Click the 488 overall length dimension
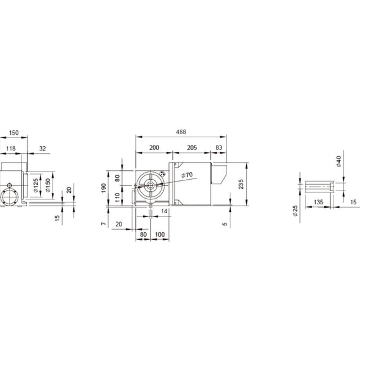[180, 132]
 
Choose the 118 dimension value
[10, 148]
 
